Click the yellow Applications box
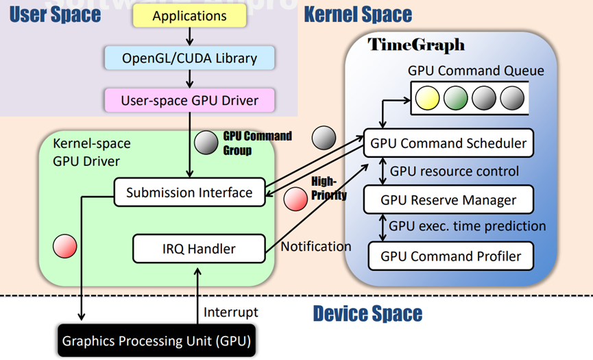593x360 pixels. pyautogui.click(x=190, y=16)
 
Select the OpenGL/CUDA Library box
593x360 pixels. pyautogui.click(x=190, y=58)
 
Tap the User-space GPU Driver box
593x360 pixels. pyautogui.click(x=190, y=100)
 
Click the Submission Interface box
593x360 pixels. pyautogui.click(x=189, y=193)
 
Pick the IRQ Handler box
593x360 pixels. pyautogui.click(x=199, y=248)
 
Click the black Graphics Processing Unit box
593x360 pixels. pyautogui.click(x=156, y=341)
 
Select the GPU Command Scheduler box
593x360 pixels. pyautogui.click(x=448, y=143)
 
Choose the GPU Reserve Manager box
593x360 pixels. pyautogui.click(x=448, y=200)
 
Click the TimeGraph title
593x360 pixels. pyautogui.click(x=416, y=45)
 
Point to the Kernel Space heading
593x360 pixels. pyautogui.click(x=358, y=14)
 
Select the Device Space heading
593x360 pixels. pyautogui.click(x=367, y=315)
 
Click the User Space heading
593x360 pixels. pyautogui.click(x=56, y=14)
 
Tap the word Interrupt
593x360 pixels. pyautogui.click(x=231, y=312)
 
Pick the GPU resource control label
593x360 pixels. pyautogui.click(x=455, y=171)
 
